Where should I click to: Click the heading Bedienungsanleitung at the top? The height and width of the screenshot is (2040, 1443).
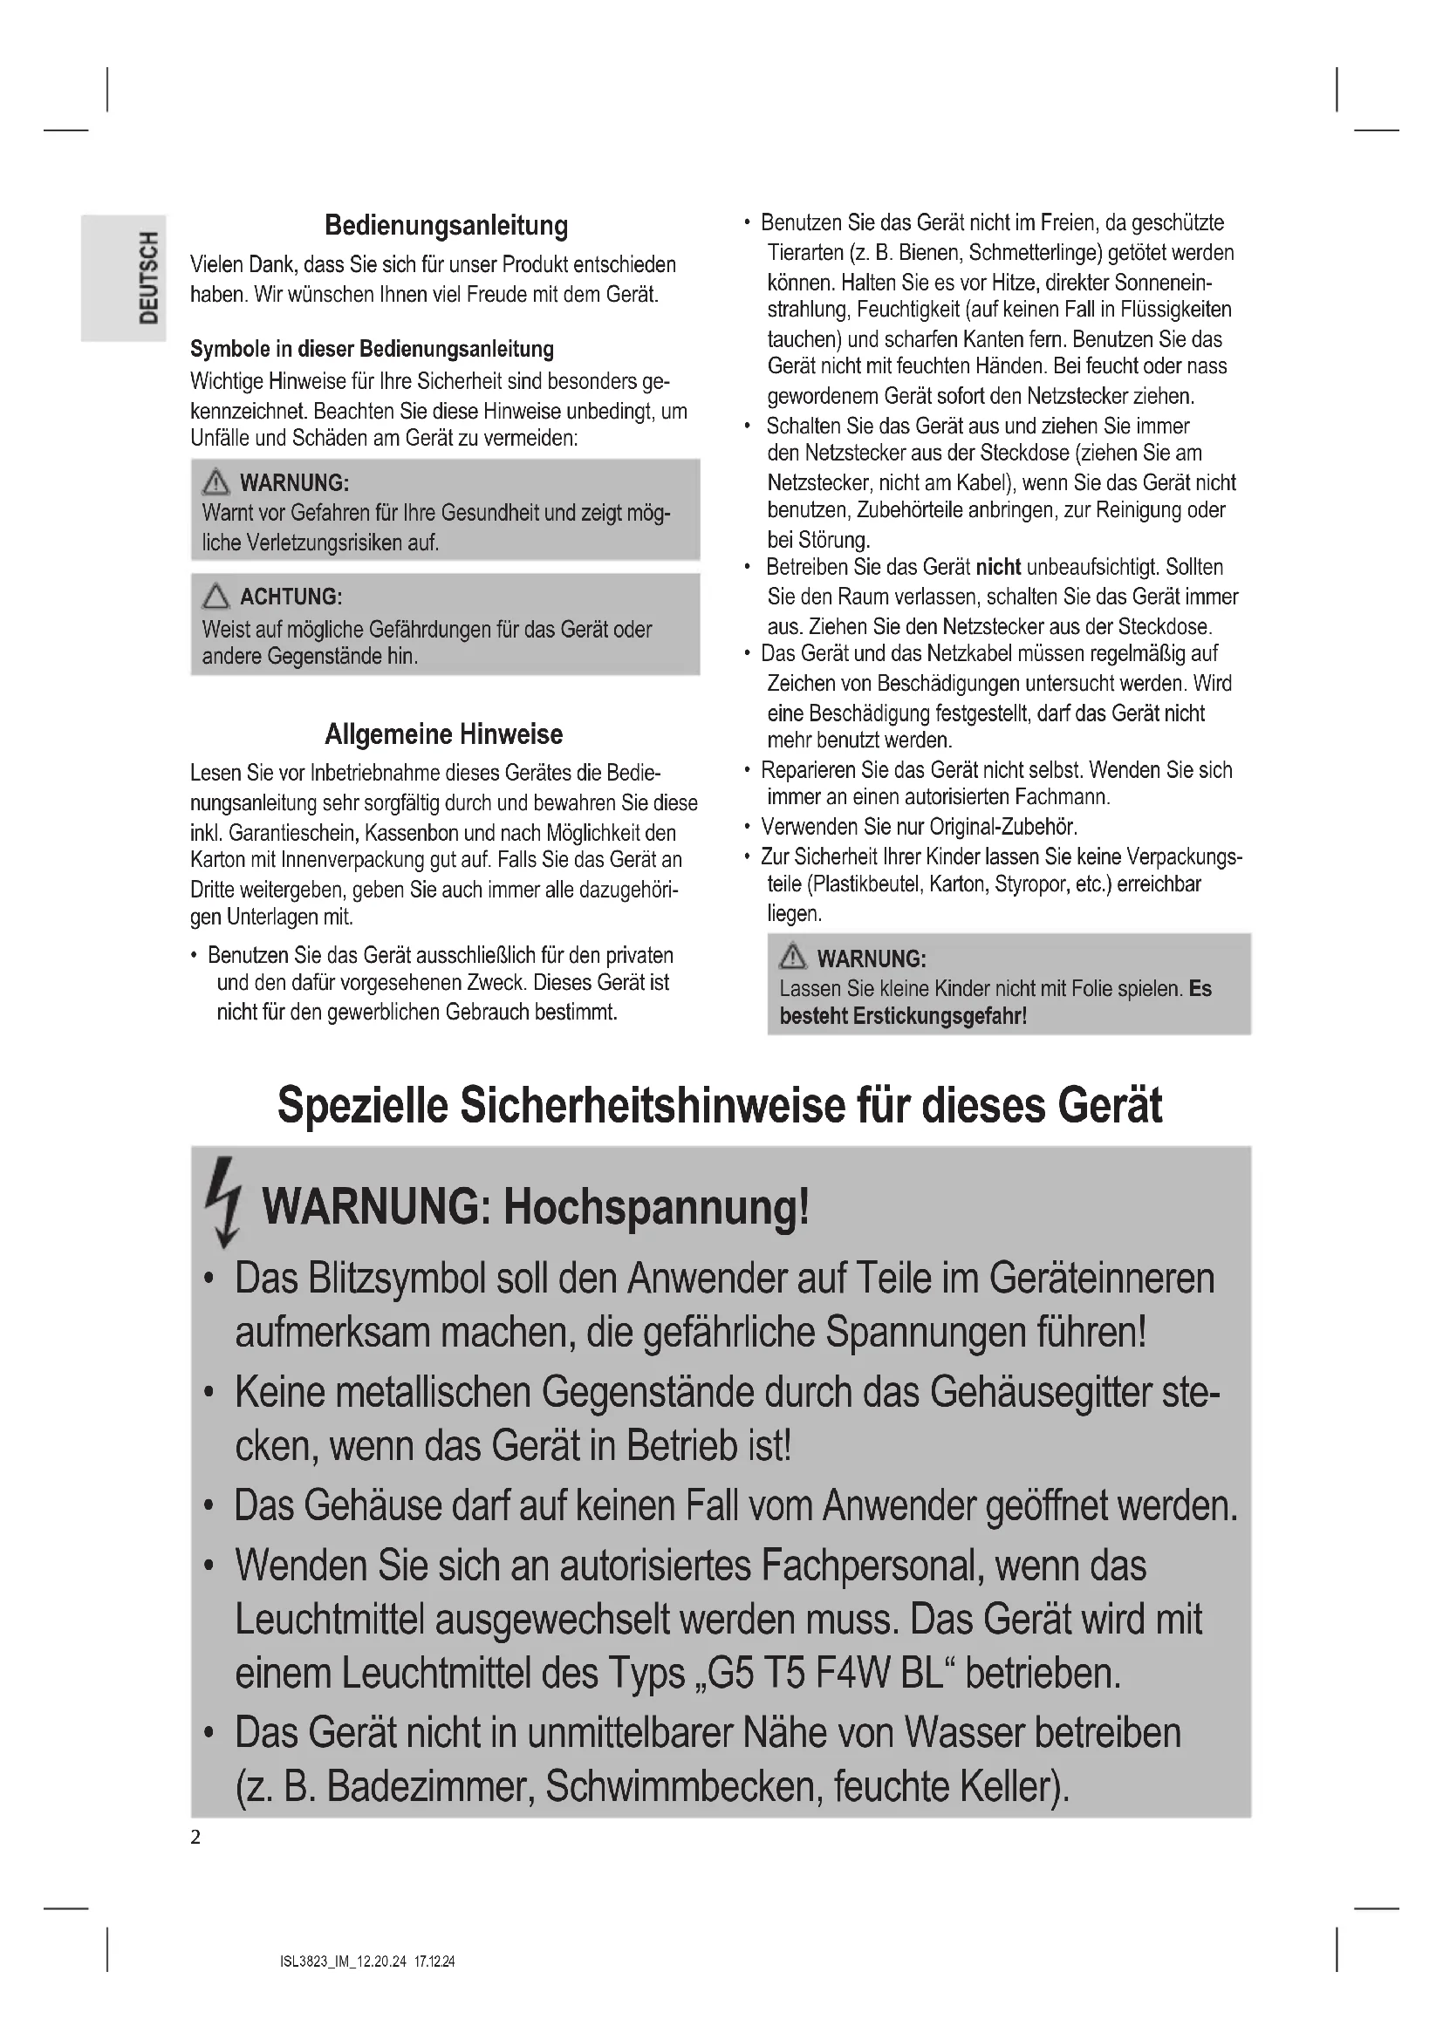tap(446, 225)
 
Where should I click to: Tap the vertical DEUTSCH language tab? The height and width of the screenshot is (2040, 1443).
tap(149, 277)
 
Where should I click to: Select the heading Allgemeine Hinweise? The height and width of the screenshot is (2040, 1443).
tap(443, 733)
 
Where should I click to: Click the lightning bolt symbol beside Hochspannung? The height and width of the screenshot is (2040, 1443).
tap(223, 1202)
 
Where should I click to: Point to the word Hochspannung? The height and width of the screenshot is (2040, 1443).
tap(657, 1207)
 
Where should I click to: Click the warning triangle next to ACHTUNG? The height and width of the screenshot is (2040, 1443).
tap(215, 596)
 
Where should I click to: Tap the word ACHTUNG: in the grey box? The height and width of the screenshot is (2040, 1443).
tap(291, 597)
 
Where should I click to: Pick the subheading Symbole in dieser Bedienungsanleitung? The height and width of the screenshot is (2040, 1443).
tap(372, 349)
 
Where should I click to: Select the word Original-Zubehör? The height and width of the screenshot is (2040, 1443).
tap(1002, 827)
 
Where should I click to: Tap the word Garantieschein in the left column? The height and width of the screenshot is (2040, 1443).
tap(291, 834)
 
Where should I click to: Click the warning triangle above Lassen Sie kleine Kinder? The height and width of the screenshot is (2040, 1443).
tap(791, 957)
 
